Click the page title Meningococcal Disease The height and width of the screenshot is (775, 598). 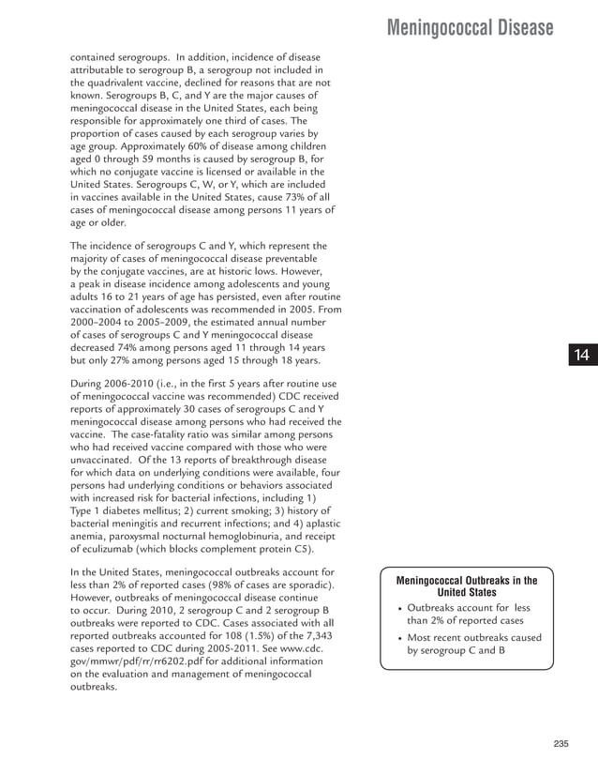[x=470, y=28]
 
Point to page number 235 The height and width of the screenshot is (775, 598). [x=561, y=744]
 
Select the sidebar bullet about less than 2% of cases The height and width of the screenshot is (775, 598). [x=467, y=615]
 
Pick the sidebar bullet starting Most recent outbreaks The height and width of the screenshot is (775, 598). [x=472, y=645]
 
